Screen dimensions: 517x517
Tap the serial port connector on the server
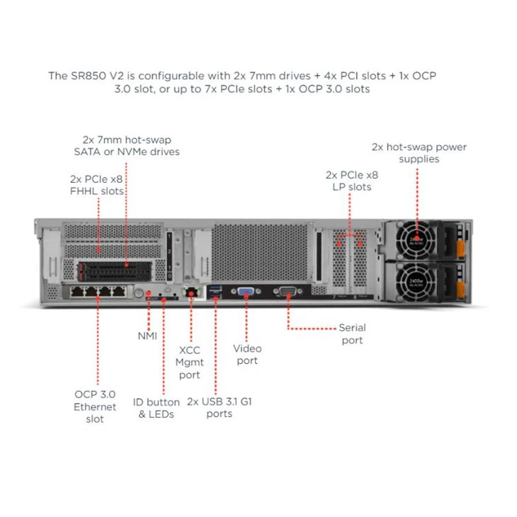click(x=288, y=291)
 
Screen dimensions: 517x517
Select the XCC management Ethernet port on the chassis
click(x=190, y=292)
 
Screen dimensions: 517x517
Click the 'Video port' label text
click(x=247, y=354)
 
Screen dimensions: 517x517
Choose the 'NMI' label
click(x=147, y=336)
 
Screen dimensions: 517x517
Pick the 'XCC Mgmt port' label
click(x=190, y=362)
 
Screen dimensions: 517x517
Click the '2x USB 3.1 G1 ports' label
click(x=220, y=407)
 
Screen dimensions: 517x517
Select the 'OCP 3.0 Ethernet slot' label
click(x=95, y=407)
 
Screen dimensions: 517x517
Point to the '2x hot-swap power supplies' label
click(x=419, y=153)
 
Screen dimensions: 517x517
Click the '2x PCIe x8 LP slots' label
click(x=351, y=181)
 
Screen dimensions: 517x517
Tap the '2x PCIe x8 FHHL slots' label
click(x=96, y=185)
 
